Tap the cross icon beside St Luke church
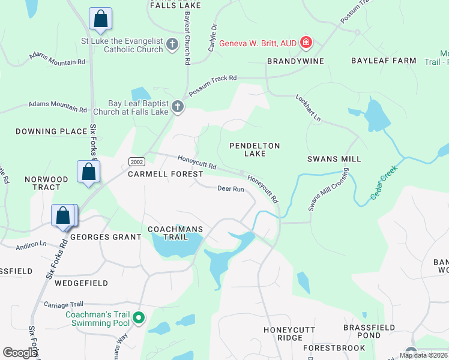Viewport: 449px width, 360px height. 172,44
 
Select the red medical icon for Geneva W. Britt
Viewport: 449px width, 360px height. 306,43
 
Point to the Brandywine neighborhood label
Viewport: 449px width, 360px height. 295,61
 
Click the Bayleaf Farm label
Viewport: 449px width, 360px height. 384,61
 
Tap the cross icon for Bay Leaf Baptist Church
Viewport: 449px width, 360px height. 177,107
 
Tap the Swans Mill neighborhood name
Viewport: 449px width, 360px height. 334,159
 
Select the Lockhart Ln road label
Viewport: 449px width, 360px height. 309,109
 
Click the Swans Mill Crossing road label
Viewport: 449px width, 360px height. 328,190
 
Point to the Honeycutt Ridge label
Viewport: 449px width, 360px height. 283,334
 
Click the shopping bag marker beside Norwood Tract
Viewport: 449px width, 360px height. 88,172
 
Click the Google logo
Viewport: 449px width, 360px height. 20,353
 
